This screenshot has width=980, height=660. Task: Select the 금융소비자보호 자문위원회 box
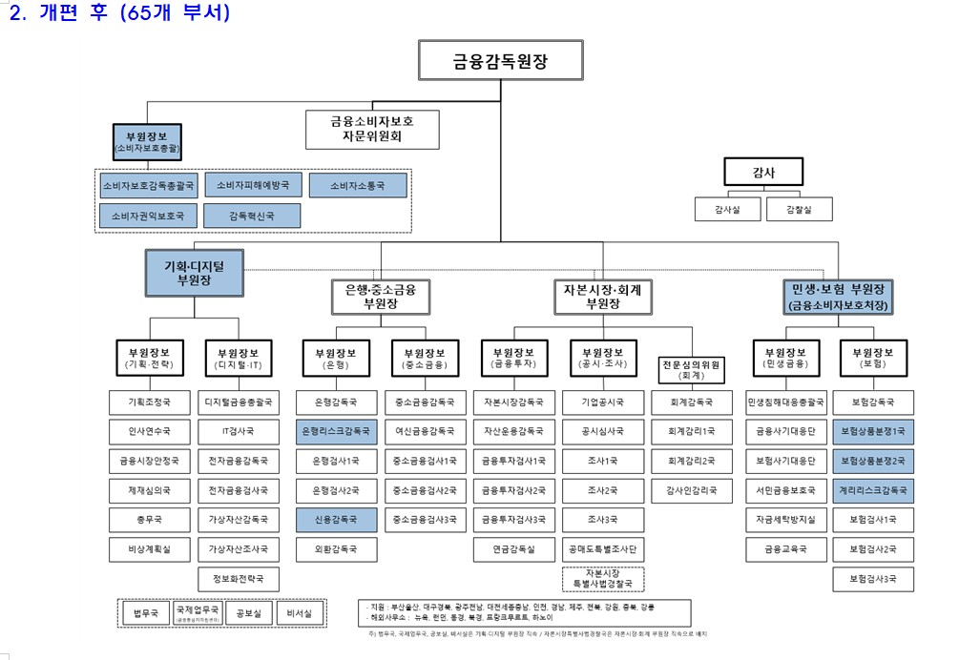coord(372,129)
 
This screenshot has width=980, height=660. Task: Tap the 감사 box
coord(762,172)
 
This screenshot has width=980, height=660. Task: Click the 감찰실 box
coord(799,209)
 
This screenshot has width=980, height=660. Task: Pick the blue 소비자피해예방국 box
coord(253,184)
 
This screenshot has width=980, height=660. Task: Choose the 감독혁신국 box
coord(252,217)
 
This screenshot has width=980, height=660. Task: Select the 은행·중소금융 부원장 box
coord(381,297)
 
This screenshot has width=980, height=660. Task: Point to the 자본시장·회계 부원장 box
coord(603,297)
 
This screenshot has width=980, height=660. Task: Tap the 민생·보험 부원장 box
coord(839,297)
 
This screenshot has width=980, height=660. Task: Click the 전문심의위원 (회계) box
coord(692,369)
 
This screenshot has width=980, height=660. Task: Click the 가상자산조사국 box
coord(239,549)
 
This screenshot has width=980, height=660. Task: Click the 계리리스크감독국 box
coord(872,490)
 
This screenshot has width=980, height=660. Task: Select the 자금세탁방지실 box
coord(784,520)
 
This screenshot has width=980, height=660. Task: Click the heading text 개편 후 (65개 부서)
coord(134,13)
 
